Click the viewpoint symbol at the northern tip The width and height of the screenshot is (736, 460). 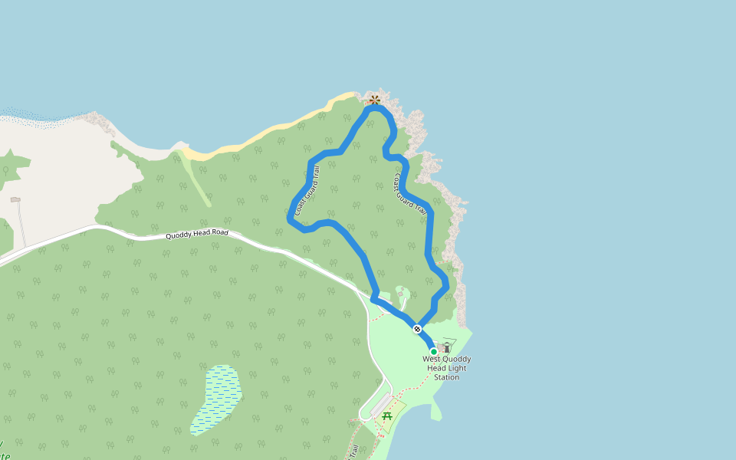[x=374, y=99]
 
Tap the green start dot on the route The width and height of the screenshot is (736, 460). [x=433, y=352]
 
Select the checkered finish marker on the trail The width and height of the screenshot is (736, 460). [x=417, y=329]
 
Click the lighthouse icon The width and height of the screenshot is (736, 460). [x=446, y=347]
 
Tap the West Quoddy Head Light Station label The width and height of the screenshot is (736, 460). [x=447, y=368]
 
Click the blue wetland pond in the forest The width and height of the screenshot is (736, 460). [x=217, y=399]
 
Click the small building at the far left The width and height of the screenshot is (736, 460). [x=15, y=199]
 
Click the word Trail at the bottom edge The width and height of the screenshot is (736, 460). [x=354, y=452]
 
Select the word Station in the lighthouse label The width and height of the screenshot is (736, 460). [x=446, y=377]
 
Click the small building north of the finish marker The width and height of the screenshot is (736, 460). [x=399, y=291]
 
